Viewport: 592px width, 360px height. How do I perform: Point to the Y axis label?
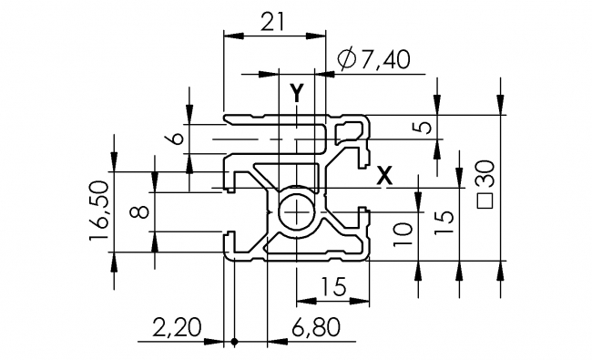(x=296, y=91)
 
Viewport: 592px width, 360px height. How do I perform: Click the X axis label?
(x=385, y=175)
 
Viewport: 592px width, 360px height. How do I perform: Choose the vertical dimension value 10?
(x=401, y=233)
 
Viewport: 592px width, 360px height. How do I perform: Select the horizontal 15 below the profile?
(x=334, y=287)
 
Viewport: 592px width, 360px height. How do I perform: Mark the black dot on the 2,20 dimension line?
(x=234, y=343)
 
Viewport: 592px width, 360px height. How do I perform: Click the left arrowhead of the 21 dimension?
(x=229, y=36)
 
